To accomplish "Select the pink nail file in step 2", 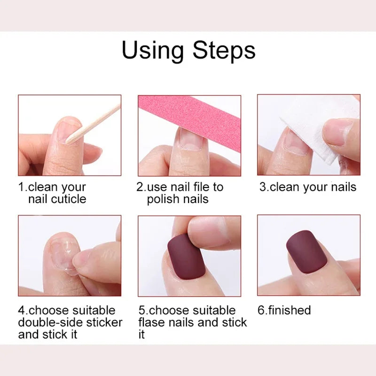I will tap(188, 112).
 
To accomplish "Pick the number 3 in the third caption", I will tap(263, 187).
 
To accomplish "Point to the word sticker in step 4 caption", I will tap(102, 322).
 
